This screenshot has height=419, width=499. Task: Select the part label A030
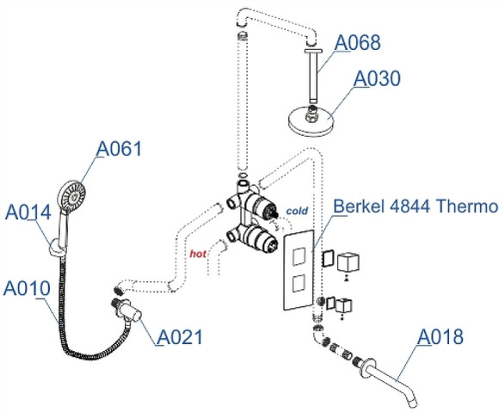coord(378,79)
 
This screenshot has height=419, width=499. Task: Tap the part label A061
coord(118,149)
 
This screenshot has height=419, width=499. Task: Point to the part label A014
coord(28,212)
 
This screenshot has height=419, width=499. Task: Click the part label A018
coord(441,336)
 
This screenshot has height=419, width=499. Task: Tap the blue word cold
coord(297,210)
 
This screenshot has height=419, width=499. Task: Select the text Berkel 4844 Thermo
coord(415,207)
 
